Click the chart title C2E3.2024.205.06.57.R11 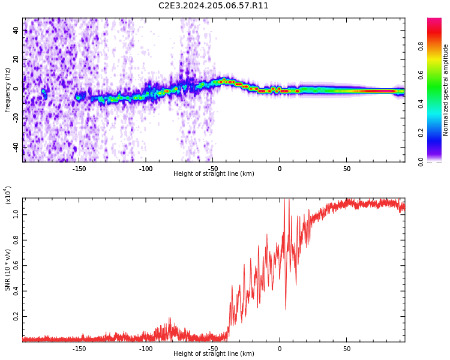[x=213, y=6]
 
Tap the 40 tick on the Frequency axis [x=16, y=30]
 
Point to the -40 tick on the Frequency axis [x=16, y=147]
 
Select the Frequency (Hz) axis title [x=8, y=90]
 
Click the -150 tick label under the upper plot [x=79, y=169]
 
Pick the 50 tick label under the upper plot [x=347, y=169]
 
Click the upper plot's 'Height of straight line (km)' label [x=214, y=174]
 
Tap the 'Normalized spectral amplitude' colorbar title [x=446, y=90]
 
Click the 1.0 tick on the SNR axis [x=16, y=214]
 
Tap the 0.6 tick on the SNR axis [x=16, y=265]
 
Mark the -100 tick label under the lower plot [x=146, y=349]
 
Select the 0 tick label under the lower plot [x=280, y=349]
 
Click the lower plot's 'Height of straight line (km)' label [x=214, y=354]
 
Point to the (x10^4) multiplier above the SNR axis [x=8, y=195]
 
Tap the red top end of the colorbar [x=434, y=21]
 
